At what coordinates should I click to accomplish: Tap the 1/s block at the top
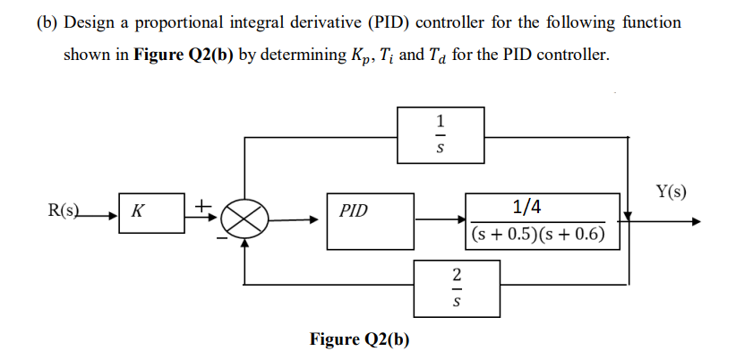(x=441, y=135)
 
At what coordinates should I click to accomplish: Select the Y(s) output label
(x=672, y=192)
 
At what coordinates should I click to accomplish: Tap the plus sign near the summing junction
(x=204, y=205)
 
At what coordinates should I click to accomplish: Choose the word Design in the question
(x=88, y=22)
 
